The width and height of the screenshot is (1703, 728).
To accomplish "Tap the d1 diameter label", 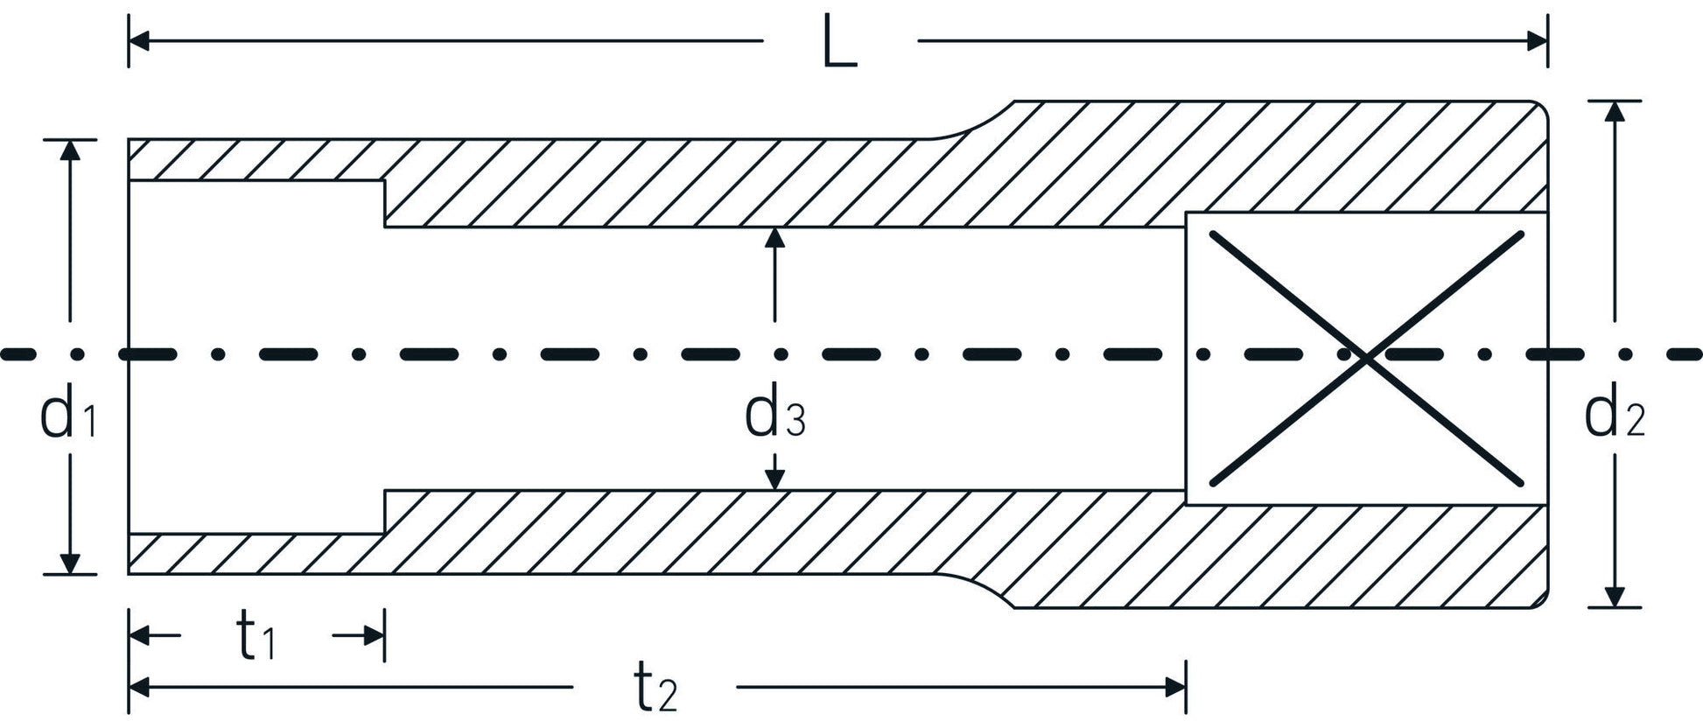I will (x=67, y=417).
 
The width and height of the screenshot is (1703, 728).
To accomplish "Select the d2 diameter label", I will (x=1615, y=417).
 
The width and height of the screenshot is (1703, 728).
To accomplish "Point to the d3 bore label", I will (x=774, y=417).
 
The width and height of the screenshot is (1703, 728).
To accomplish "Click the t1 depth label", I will (x=256, y=639).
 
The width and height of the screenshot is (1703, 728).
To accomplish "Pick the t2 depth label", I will (x=655, y=689).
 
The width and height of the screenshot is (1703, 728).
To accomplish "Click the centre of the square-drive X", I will (x=1366, y=356).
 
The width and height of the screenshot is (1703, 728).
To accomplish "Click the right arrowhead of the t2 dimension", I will (x=1174, y=688).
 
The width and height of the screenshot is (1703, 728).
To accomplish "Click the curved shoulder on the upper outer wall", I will (x=976, y=122).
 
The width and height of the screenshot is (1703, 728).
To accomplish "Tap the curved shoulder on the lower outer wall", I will (x=976, y=589).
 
